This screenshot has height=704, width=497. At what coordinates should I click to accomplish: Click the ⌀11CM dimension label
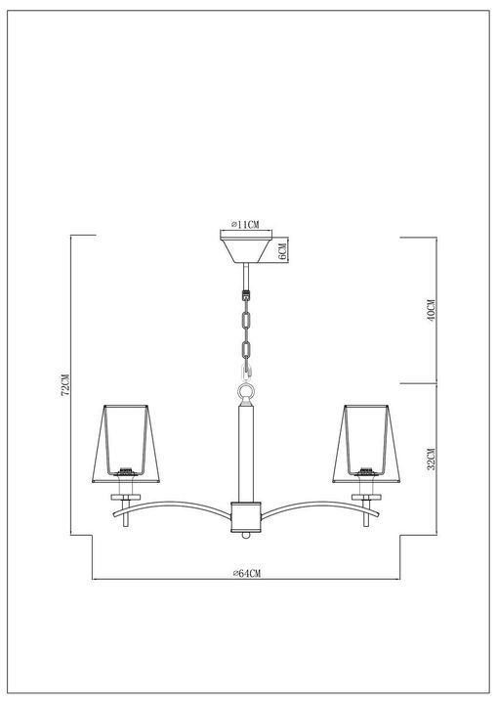point(244,224)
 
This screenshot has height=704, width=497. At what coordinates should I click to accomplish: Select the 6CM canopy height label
point(281,251)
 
